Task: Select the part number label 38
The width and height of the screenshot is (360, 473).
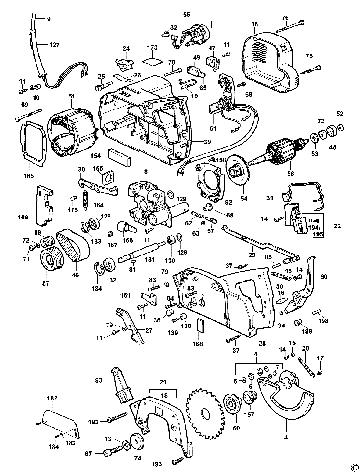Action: (254, 24)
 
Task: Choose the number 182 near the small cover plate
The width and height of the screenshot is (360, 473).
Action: (52, 398)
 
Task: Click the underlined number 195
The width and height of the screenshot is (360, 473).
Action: (319, 234)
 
